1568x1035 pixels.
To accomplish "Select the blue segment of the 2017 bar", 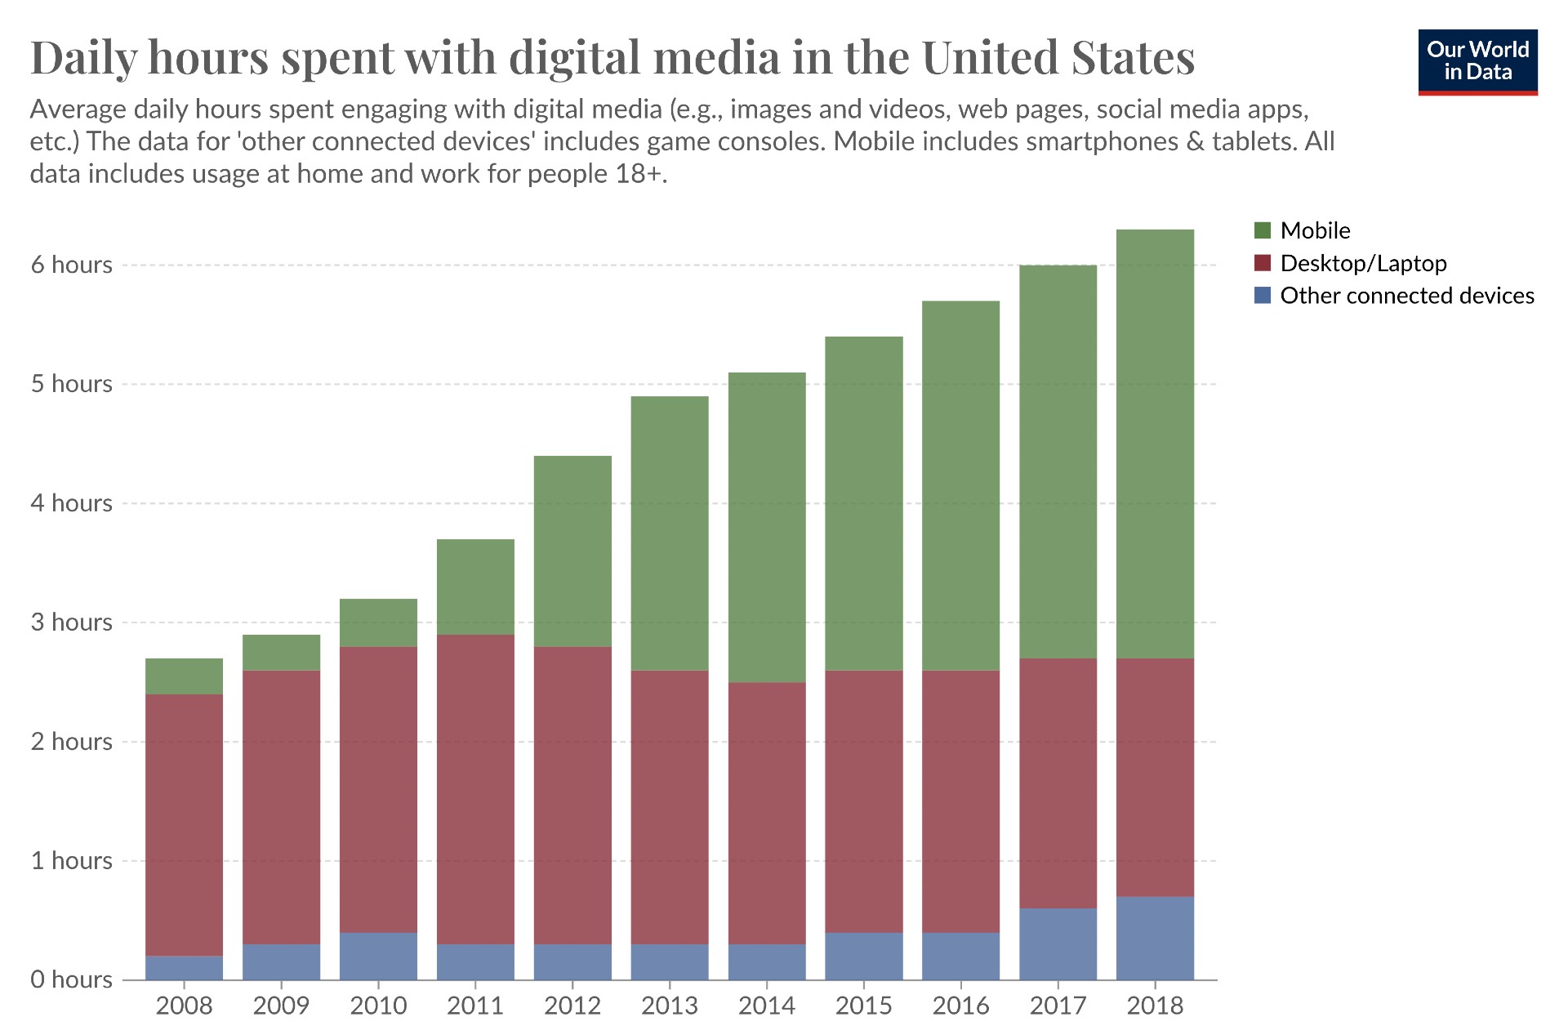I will pyautogui.click(x=1058, y=944).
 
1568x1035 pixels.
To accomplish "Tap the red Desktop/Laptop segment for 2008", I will pyautogui.click(x=184, y=825).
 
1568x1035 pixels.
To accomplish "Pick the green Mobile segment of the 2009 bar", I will pyautogui.click(x=281, y=653).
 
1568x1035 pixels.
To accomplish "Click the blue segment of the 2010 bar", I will pyautogui.click(x=378, y=956).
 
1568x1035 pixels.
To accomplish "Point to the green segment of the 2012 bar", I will pyautogui.click(x=572, y=551).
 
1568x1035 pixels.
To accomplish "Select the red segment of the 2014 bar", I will pyautogui.click(x=767, y=813).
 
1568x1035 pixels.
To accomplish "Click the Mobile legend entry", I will pyautogui.click(x=1314, y=230).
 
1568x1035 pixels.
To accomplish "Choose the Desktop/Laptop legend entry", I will pyautogui.click(x=1362, y=263).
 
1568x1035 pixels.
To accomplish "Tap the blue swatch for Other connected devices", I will pyautogui.click(x=1263, y=296).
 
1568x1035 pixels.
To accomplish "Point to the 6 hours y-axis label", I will pyautogui.click(x=72, y=265).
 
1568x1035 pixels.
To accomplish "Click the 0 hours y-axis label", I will pyautogui.click(x=72, y=979).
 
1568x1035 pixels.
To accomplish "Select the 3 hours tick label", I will pyautogui.click(x=72, y=622).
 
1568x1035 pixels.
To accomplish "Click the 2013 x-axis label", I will pyautogui.click(x=670, y=1006).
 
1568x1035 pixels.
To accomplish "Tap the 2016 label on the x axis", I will pyautogui.click(x=960, y=1006).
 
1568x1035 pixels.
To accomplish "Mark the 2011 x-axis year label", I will pyautogui.click(x=475, y=1006).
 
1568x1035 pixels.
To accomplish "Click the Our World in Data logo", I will pyautogui.click(x=1477, y=62).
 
